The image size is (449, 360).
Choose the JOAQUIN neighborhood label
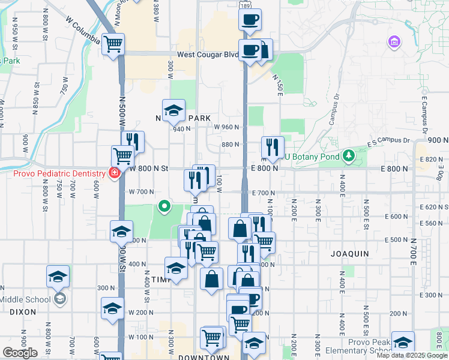tap(349, 254)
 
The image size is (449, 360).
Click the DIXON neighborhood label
tap(23, 312)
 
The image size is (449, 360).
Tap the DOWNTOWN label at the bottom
tap(204, 358)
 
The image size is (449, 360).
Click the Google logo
tap(20, 353)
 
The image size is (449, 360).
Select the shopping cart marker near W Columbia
tap(113, 44)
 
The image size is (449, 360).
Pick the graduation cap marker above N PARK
tap(173, 111)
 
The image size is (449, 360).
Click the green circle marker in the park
tap(164, 208)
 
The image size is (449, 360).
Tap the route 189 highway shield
tap(246, 4)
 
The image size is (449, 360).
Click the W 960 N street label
tap(227, 127)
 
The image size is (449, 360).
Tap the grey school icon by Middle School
tap(59, 298)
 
